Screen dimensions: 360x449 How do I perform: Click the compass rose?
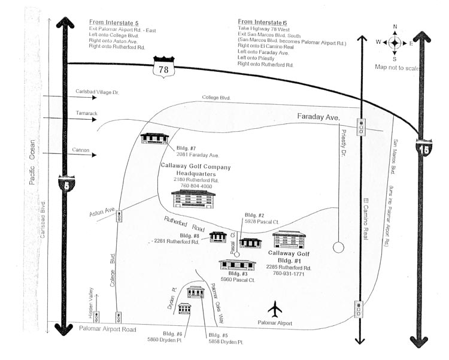(394, 43)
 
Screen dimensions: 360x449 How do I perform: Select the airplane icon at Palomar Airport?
(275, 309)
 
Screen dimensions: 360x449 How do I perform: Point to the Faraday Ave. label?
(318, 117)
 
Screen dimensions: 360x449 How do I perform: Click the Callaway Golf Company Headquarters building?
(193, 199)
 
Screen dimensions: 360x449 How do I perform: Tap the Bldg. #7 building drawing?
(154, 138)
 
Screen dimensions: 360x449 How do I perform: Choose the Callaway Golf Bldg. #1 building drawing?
(289, 240)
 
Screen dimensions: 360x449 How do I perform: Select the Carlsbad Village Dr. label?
(98, 92)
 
